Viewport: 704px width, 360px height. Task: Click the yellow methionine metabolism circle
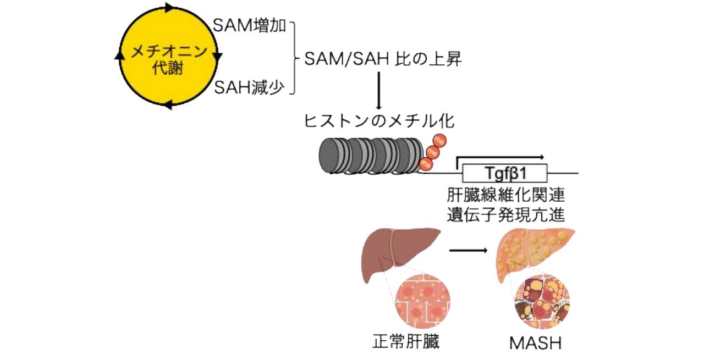click(168, 57)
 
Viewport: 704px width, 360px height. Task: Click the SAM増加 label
click(249, 26)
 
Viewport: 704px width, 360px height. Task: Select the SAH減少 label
click(249, 87)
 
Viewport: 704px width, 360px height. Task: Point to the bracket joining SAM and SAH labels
click(294, 57)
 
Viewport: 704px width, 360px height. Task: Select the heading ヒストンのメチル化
click(379, 120)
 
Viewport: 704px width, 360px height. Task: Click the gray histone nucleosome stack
click(370, 155)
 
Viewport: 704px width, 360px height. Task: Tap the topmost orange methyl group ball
click(439, 141)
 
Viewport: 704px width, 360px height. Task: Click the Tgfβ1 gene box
click(505, 174)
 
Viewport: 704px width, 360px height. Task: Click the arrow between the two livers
click(468, 251)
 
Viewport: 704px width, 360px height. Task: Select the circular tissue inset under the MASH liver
click(542, 302)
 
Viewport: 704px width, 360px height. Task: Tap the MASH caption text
click(535, 343)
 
